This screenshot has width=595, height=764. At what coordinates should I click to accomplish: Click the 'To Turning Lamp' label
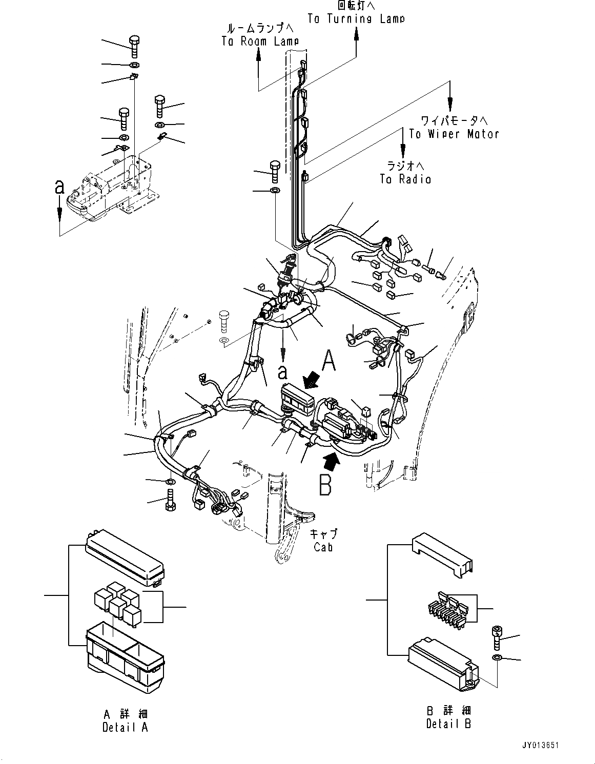[x=356, y=19]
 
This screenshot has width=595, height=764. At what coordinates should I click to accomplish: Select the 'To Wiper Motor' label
[x=454, y=134]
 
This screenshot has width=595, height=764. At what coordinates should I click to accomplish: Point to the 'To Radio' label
[x=405, y=179]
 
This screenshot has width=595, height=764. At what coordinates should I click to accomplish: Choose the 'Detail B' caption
[x=448, y=724]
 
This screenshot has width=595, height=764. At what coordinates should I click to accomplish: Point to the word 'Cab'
[x=323, y=547]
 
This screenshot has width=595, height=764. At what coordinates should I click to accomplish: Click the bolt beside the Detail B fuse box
[x=496, y=637]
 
